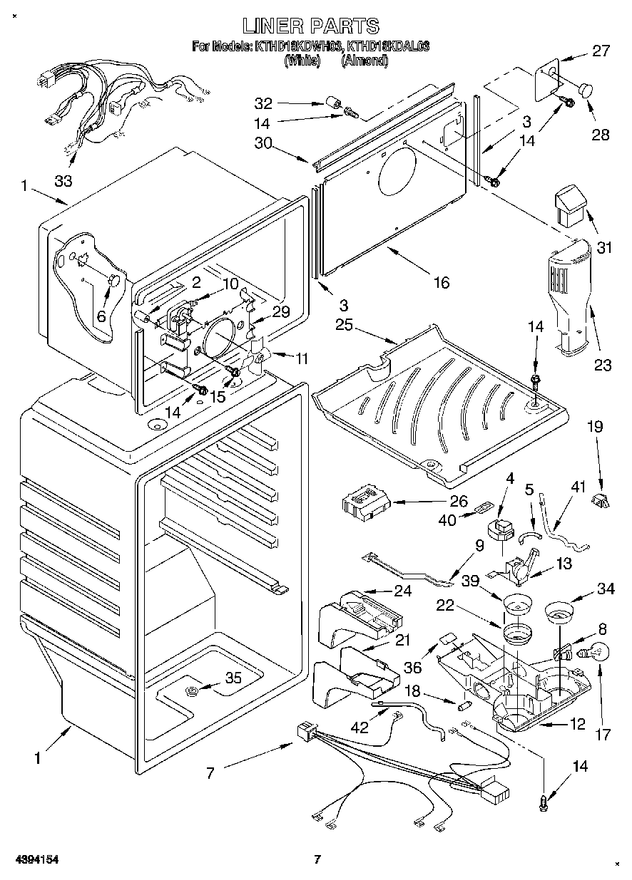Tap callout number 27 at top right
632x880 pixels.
point(601,51)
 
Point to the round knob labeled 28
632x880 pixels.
point(586,90)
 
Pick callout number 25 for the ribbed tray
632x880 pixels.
point(345,325)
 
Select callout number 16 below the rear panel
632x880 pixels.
point(442,283)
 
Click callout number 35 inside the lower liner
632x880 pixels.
point(233,678)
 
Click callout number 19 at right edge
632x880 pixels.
point(594,428)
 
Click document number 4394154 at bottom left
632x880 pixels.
point(34,859)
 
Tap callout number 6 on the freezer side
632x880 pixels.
point(101,316)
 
